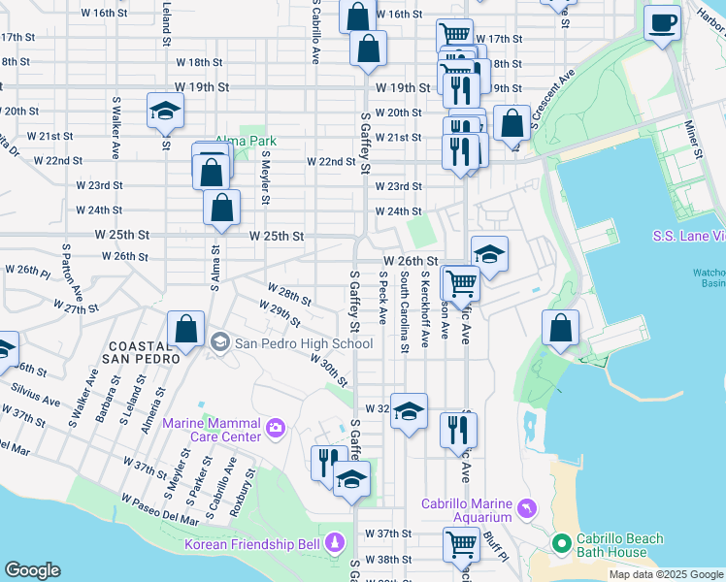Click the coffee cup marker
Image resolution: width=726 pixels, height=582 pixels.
coord(664,23)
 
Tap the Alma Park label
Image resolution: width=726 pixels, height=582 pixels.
coord(246,141)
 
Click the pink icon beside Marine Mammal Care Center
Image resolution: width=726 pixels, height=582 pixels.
coord(276,427)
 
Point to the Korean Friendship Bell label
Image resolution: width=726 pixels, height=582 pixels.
coord(252,543)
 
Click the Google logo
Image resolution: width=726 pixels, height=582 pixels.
coord(33,570)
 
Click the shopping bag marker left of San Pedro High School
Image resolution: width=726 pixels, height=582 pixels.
coord(185,332)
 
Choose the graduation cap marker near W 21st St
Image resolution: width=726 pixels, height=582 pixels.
coord(165,113)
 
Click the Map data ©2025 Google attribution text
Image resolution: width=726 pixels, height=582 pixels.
coord(666,574)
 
